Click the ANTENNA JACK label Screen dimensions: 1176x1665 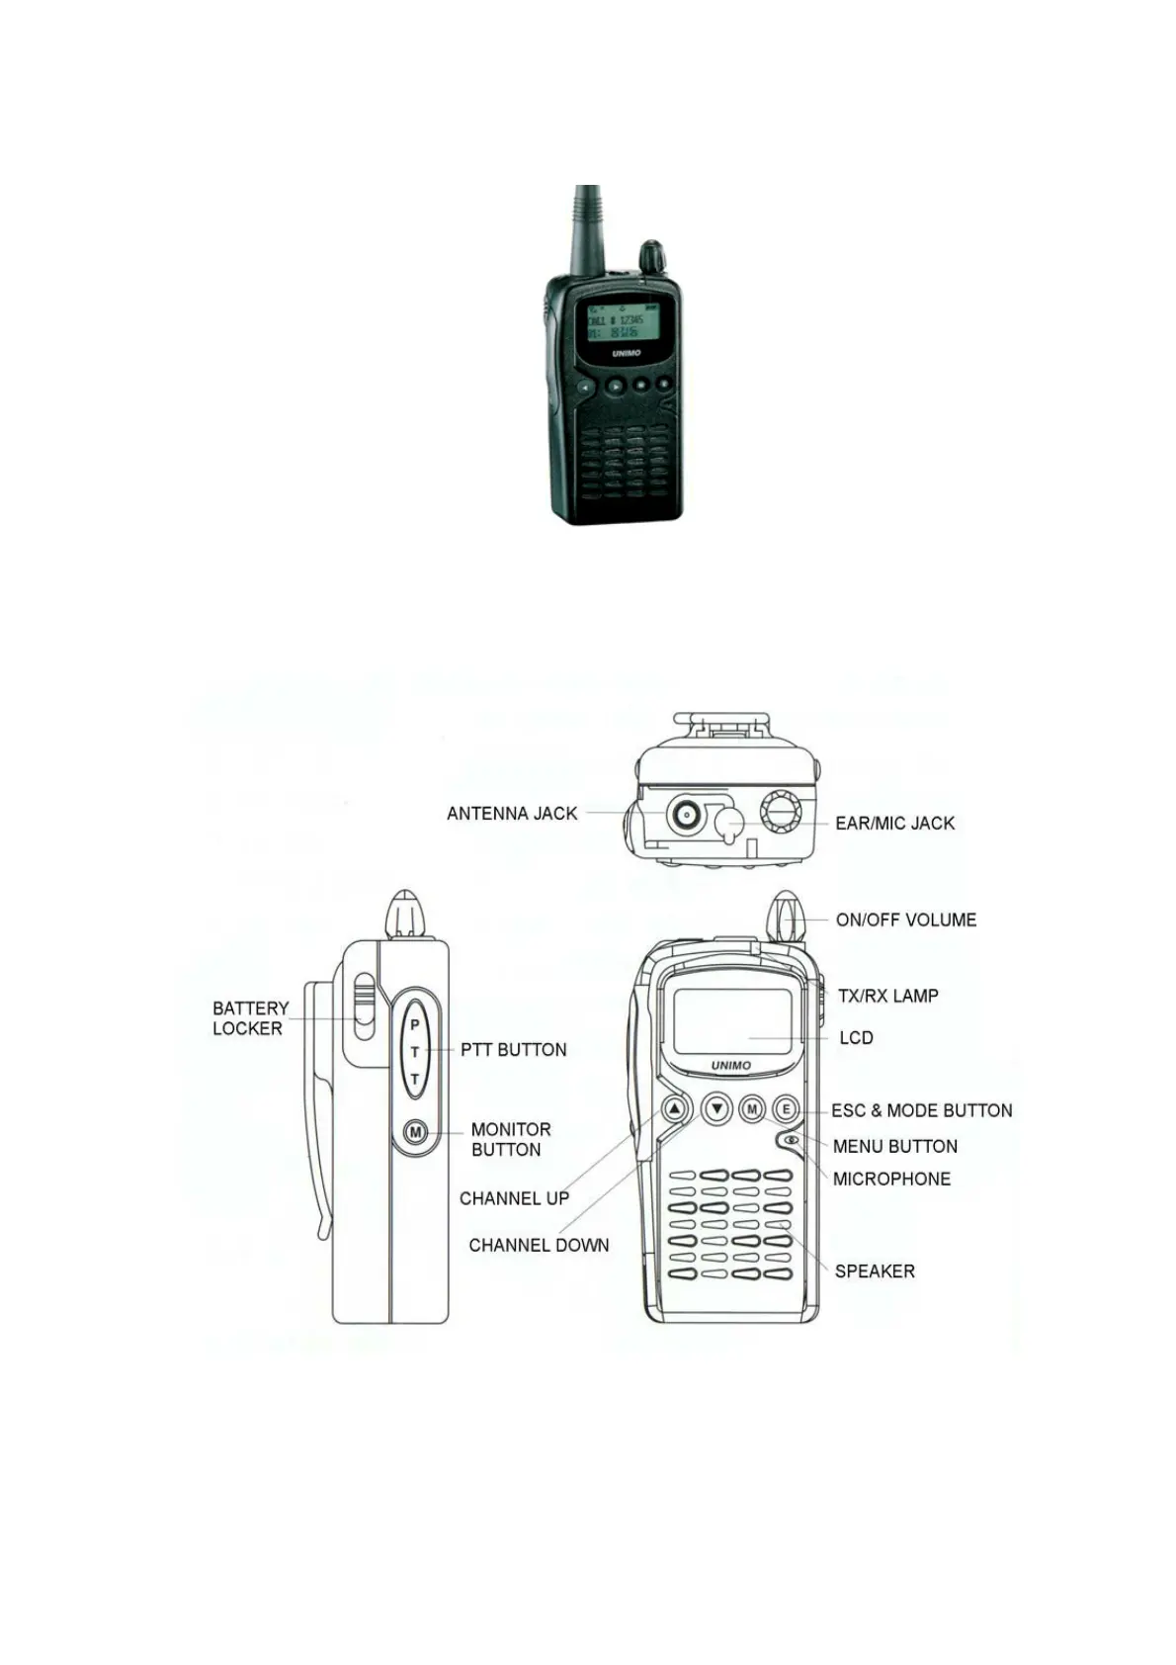[512, 814]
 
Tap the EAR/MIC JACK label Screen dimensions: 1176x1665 [894, 823]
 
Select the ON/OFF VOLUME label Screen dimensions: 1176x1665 [905, 920]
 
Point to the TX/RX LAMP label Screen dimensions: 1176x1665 [887, 996]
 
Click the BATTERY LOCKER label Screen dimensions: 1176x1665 [250, 1018]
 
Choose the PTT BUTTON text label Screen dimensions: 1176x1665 [514, 1050]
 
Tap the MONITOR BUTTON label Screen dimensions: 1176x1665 [510, 1139]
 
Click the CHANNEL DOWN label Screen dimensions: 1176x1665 [539, 1245]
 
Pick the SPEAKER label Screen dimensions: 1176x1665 [875, 1271]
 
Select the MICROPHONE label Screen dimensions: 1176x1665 [891, 1179]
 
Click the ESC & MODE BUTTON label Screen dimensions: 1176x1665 [921, 1110]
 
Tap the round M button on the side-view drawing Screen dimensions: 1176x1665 [416, 1132]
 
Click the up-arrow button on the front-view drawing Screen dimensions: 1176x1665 [675, 1109]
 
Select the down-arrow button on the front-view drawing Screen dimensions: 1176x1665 [716, 1109]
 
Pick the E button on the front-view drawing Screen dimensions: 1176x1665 [786, 1109]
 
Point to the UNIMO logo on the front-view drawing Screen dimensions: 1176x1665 [731, 1066]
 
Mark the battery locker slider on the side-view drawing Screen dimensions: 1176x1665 [364, 1007]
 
